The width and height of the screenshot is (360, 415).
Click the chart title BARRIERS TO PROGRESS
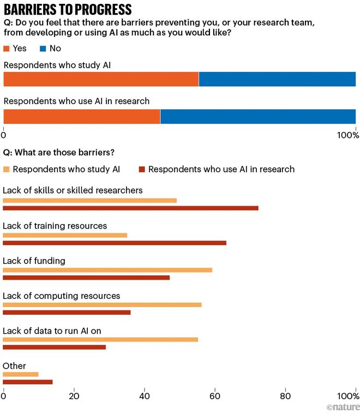click(x=68, y=9)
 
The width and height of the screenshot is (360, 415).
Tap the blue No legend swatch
click(x=43, y=49)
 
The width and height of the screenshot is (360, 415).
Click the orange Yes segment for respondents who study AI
click(x=101, y=79)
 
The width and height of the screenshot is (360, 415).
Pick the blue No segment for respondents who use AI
click(x=257, y=117)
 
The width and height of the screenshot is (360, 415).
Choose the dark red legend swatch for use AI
click(x=142, y=169)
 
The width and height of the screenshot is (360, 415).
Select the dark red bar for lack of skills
click(x=130, y=208)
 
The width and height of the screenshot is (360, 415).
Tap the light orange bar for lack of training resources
click(x=65, y=235)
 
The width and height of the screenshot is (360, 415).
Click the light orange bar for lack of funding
click(x=107, y=270)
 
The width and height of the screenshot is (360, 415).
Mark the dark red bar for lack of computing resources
click(x=67, y=312)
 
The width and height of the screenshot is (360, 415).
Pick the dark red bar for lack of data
click(x=55, y=347)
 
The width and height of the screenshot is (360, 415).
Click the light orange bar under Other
click(x=21, y=374)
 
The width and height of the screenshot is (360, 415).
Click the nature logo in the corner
click(x=343, y=407)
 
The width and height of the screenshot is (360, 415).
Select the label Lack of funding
click(x=34, y=261)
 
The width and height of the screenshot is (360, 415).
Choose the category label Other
click(x=14, y=365)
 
